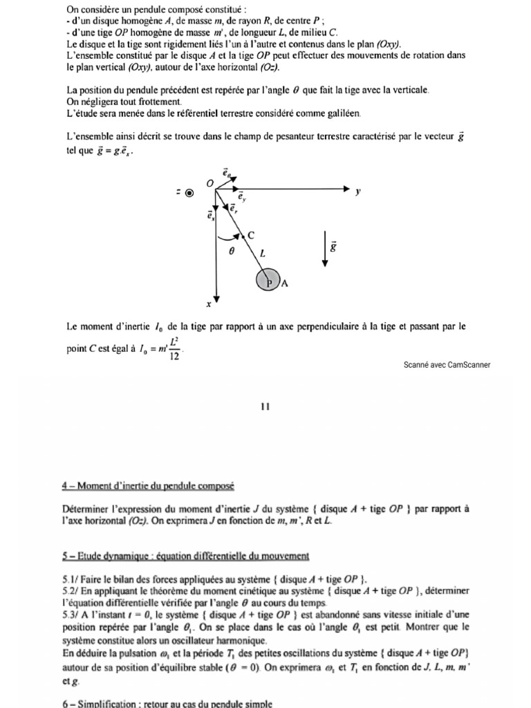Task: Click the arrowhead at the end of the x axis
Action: (217, 299)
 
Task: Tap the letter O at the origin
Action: (210, 183)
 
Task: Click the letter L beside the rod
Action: (263, 254)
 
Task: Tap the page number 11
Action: (265, 407)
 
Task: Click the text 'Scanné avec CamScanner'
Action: (447, 365)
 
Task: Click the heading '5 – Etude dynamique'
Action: (185, 556)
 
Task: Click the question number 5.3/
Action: (71, 603)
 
